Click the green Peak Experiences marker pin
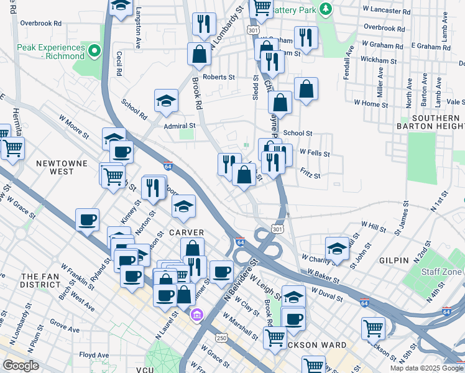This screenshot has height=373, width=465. click(x=94, y=50)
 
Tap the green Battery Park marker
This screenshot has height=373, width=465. click(x=325, y=9)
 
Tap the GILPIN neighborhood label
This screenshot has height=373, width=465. click(x=392, y=260)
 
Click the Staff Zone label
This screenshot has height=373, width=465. click(x=442, y=272)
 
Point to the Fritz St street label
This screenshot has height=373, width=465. click(x=310, y=176)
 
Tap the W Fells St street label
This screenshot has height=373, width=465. click(x=314, y=152)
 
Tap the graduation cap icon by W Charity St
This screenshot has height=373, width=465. click(x=337, y=248)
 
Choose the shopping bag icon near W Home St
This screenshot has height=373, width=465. click(x=306, y=90)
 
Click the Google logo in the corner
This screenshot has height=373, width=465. click(x=21, y=366)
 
